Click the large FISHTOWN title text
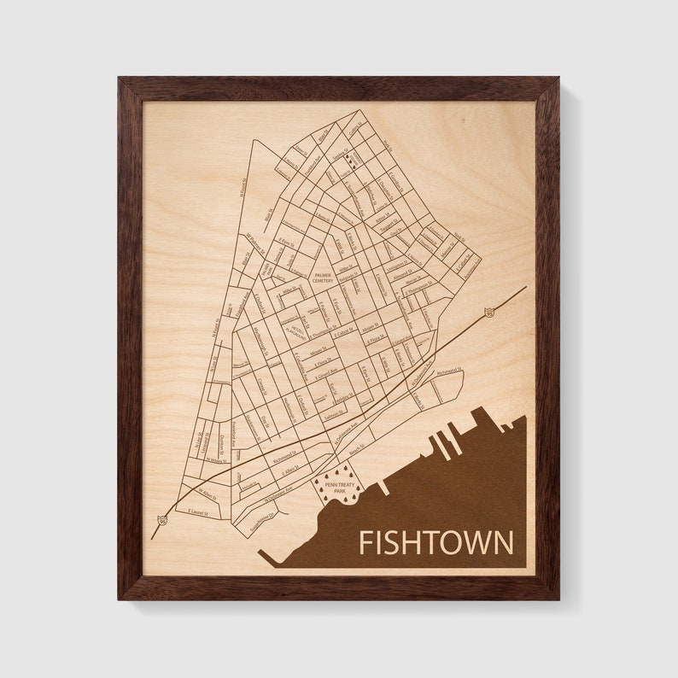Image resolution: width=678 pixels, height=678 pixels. (436, 542)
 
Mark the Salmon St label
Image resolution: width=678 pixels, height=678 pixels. (337, 412)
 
